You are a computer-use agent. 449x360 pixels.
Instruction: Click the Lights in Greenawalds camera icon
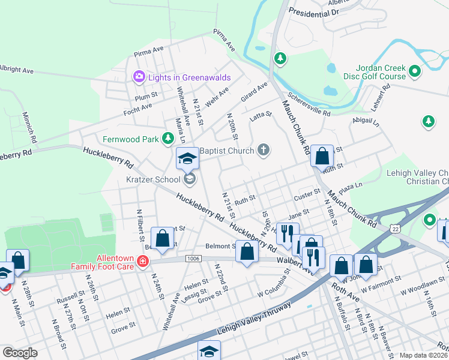click(x=139, y=76)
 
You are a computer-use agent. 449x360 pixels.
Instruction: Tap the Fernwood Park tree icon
click(x=169, y=139)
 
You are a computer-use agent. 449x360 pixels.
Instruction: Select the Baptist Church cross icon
click(x=263, y=149)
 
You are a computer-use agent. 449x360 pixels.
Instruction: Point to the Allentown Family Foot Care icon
click(x=143, y=261)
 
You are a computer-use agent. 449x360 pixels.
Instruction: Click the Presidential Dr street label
click(x=313, y=11)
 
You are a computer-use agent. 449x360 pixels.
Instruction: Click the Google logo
click(x=20, y=352)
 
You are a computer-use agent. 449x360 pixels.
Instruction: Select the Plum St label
click(x=146, y=95)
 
